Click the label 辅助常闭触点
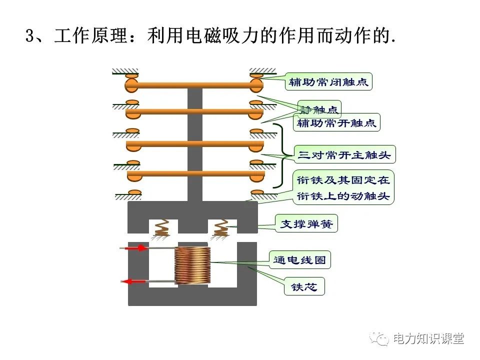tap(329, 82)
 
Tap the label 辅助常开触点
tap(336, 123)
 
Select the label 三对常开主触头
tap(344, 154)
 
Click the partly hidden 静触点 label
tap(320, 108)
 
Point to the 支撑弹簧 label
tap(306, 224)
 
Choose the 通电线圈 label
tap(301, 260)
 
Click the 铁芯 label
tap(304, 287)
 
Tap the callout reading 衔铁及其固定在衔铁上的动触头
tap(343, 187)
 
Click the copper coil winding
tap(192, 266)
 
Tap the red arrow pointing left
tap(134, 282)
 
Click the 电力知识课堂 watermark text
tap(428, 339)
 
